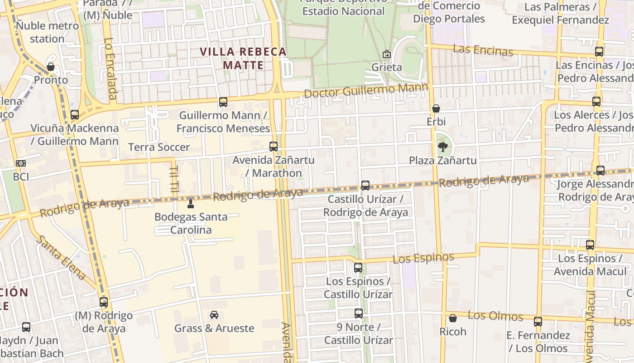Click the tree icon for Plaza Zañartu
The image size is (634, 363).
click(x=443, y=147)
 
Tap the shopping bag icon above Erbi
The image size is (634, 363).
click(x=436, y=108)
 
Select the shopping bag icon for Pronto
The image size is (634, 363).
click(x=51, y=67)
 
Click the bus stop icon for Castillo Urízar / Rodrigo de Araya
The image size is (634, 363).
click(x=365, y=186)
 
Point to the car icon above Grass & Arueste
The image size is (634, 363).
click(x=214, y=314)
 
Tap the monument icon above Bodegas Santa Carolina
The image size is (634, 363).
click(x=191, y=203)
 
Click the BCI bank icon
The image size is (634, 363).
click(x=21, y=163)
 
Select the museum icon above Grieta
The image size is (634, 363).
click(x=386, y=54)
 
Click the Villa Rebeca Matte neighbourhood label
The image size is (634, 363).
click(x=243, y=59)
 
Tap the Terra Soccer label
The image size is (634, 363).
click(x=159, y=147)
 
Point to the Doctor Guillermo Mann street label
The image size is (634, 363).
click(x=366, y=90)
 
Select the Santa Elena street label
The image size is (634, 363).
click(x=61, y=257)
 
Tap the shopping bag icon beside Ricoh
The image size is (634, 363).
click(x=452, y=318)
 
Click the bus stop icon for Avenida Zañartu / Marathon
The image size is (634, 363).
click(x=274, y=147)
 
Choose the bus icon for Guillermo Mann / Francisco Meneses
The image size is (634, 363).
click(x=223, y=102)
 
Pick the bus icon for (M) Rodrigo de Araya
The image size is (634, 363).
click(x=104, y=302)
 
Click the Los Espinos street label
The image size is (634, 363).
click(x=423, y=258)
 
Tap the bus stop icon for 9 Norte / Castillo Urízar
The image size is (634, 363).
click(x=359, y=313)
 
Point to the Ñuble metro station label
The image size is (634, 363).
click(x=48, y=32)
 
